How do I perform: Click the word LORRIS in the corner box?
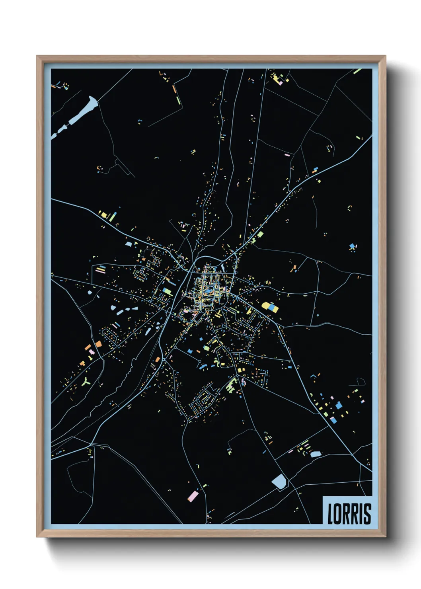point(349,513)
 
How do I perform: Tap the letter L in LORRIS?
point(330,514)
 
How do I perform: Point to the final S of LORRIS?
point(367,514)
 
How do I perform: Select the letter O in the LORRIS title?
point(337,514)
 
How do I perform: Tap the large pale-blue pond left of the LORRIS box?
point(279,482)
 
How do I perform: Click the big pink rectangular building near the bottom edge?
point(193,496)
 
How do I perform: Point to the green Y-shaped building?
point(86,382)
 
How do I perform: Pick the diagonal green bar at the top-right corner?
point(357,72)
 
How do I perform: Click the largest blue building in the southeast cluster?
point(339,406)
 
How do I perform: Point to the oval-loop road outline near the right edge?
point(360,382)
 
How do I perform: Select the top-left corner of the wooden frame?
point(37,56)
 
